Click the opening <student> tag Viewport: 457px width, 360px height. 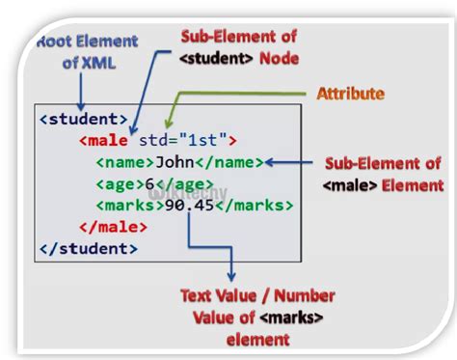(x=83, y=120)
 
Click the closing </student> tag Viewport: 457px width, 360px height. (x=87, y=248)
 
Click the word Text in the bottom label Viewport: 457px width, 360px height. (x=199, y=297)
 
